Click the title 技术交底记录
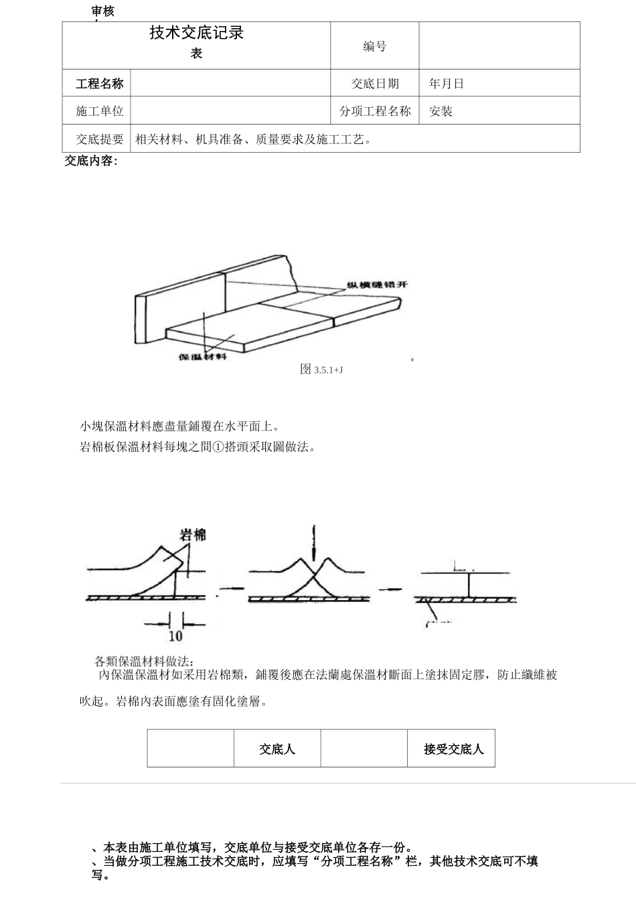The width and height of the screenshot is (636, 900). (x=196, y=33)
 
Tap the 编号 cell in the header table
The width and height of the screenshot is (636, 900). (x=375, y=46)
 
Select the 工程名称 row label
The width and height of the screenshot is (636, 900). (x=99, y=84)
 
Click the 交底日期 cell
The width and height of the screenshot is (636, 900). (x=375, y=84)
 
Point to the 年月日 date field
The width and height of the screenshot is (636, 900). (x=447, y=84)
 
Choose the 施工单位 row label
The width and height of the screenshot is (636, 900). (x=99, y=111)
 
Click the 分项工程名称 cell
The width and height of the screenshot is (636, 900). (x=375, y=111)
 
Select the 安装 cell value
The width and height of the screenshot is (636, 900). (x=441, y=111)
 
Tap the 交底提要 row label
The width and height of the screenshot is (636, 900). (x=99, y=139)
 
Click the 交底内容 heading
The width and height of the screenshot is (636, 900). (x=91, y=161)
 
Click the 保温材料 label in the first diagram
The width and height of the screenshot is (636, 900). (x=202, y=356)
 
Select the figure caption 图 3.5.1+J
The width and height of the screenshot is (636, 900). (x=321, y=369)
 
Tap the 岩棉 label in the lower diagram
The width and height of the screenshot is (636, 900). (x=193, y=534)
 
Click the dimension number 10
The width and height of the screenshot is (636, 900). (x=175, y=635)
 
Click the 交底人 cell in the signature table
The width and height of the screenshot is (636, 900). (x=277, y=749)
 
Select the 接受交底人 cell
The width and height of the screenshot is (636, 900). (x=453, y=749)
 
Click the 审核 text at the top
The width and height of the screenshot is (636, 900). (x=103, y=11)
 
